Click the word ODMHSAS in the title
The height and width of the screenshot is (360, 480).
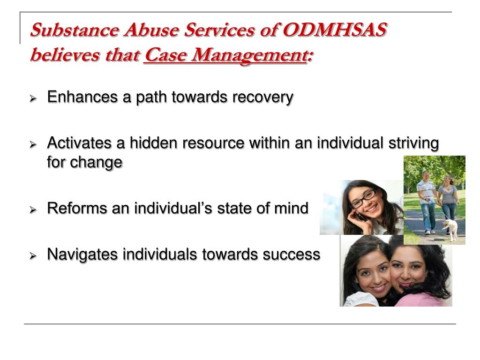pos(335,30)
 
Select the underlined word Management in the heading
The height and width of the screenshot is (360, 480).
pos(248,56)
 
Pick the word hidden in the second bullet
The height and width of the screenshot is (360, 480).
pos(154,143)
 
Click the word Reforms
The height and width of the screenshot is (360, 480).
pos(77,208)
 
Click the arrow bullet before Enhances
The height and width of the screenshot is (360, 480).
pos(33,98)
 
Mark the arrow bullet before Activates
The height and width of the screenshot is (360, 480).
pos(33,144)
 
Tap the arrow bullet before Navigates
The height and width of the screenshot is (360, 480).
pos(33,255)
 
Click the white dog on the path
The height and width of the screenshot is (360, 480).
pos(450,229)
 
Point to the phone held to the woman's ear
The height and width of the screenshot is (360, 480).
pos(359,216)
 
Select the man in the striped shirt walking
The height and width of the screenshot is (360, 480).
pos(427,202)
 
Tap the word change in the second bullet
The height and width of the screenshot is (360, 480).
pos(96,163)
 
